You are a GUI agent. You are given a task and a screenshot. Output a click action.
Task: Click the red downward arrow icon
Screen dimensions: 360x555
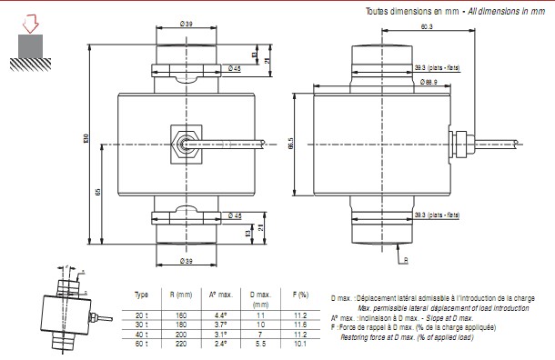[x=30, y=23]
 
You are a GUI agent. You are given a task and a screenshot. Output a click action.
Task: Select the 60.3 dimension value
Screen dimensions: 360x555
[x=427, y=28]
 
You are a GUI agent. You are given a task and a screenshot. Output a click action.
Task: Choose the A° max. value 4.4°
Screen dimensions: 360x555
[x=219, y=315]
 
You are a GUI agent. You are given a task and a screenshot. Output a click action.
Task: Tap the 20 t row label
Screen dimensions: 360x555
[x=141, y=315]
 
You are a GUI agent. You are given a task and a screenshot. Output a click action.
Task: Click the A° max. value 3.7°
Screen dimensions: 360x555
[x=219, y=325]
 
